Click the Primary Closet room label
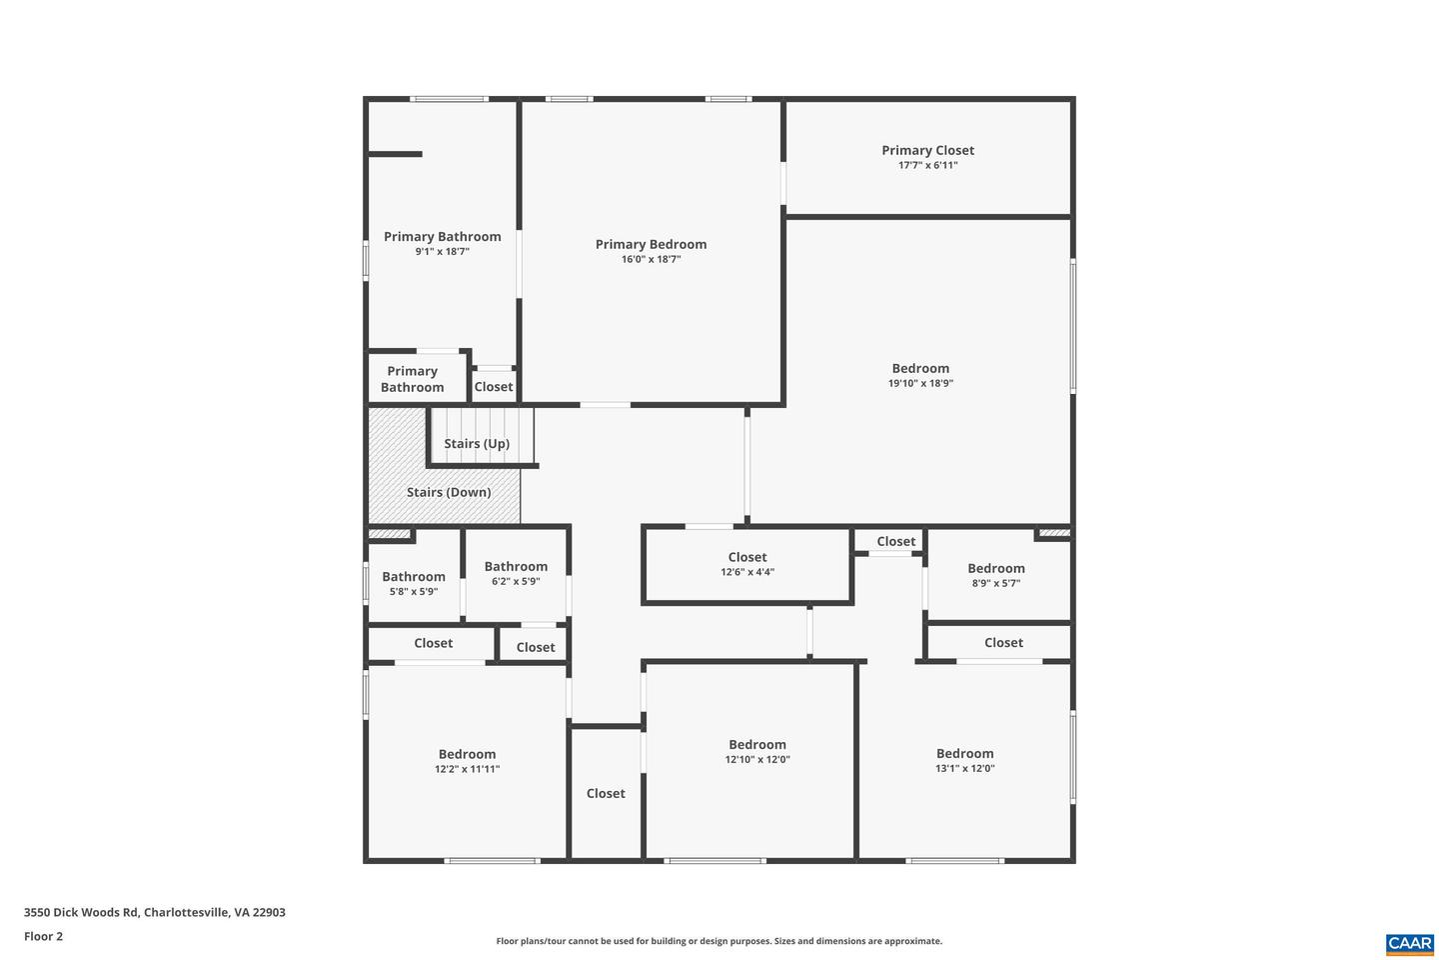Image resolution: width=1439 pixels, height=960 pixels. click(927, 150)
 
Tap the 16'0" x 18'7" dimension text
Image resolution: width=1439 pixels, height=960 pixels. click(651, 259)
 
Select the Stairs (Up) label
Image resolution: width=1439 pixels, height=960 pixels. click(477, 443)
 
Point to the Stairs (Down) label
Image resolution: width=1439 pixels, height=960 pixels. click(448, 492)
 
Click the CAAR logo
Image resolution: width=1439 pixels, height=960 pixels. click(1409, 943)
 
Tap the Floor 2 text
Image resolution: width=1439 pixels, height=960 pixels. click(43, 936)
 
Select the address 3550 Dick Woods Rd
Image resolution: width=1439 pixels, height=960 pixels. click(155, 912)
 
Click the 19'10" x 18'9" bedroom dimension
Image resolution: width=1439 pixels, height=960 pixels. click(920, 383)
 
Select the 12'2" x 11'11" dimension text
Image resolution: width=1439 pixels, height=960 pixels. click(467, 769)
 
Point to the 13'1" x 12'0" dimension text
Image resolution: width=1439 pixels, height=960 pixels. click(964, 768)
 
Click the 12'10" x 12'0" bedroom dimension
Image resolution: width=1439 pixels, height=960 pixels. click(756, 759)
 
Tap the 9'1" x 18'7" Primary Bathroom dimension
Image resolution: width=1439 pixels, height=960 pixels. click(442, 252)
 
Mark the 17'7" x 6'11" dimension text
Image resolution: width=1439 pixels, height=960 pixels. click(927, 165)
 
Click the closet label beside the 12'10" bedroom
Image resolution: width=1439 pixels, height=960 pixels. click(606, 793)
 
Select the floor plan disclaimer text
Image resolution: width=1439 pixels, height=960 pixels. click(719, 941)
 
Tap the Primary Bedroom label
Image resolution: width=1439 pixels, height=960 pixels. click(651, 244)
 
